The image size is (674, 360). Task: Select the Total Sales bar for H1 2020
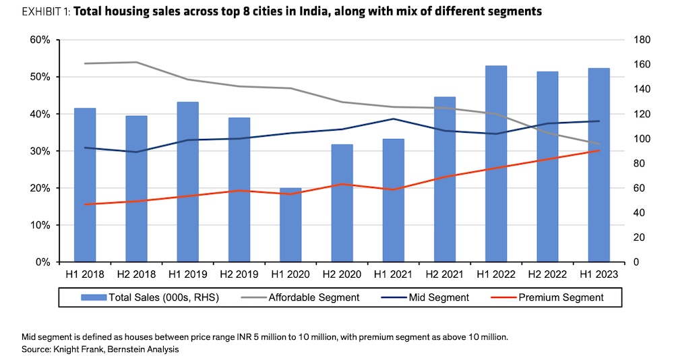pos(290,225)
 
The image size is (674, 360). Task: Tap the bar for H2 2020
pos(342,203)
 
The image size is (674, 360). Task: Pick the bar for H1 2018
pos(85,185)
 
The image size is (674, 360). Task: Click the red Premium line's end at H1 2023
pos(599,150)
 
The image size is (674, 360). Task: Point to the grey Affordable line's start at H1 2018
pos(85,63)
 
